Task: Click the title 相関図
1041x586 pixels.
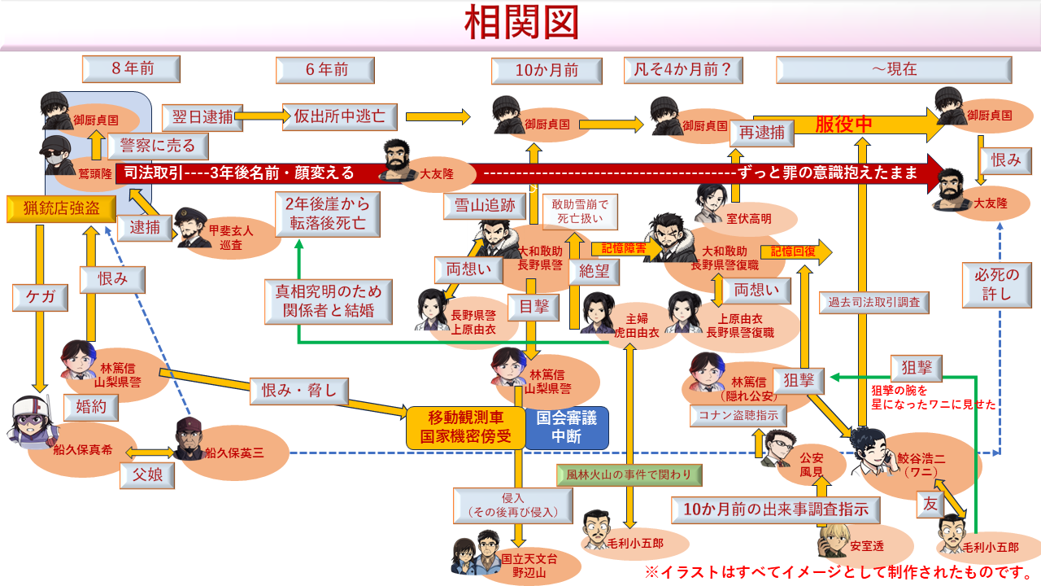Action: coord(521,24)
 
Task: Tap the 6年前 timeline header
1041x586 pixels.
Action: coord(325,70)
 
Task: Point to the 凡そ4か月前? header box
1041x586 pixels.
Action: coord(683,70)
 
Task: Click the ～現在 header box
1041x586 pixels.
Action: coord(894,70)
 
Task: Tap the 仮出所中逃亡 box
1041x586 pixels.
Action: coord(339,116)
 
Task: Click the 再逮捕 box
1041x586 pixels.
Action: coord(762,132)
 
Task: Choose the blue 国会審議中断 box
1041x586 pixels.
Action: coord(567,427)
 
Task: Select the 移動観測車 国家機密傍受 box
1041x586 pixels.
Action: coord(464,427)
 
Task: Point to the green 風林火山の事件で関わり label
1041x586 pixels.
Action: coord(629,474)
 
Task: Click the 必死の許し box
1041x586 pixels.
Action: coord(996,283)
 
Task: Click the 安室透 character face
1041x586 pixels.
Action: coord(834,540)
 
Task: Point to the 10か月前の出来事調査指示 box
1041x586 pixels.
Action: coord(777,509)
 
